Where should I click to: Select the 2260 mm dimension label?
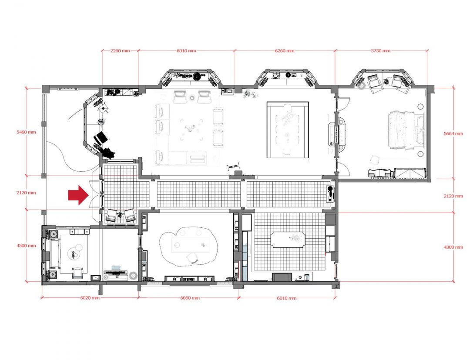click(x=120, y=50)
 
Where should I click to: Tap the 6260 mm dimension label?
click(x=285, y=50)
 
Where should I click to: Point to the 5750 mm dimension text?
click(x=381, y=50)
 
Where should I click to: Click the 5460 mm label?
click(x=27, y=132)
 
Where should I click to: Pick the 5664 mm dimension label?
click(x=453, y=133)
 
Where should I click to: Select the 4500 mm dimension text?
click(x=27, y=246)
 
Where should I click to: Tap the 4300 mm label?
click(x=453, y=247)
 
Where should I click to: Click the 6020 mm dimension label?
click(x=90, y=298)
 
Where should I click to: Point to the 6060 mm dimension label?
click(x=190, y=298)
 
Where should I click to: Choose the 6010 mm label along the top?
click(x=186, y=50)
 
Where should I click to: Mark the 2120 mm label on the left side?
click(x=27, y=193)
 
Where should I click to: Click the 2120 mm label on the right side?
click(x=453, y=196)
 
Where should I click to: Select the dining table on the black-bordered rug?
click(x=288, y=130)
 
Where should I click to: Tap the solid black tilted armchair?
click(x=101, y=138)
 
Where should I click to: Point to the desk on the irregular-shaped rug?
click(x=191, y=245)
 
